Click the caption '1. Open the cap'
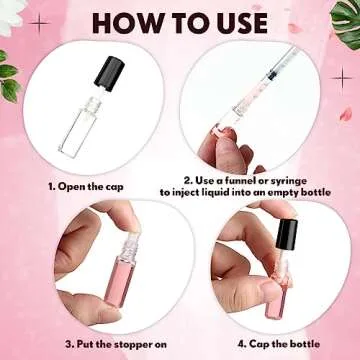[89, 185]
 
